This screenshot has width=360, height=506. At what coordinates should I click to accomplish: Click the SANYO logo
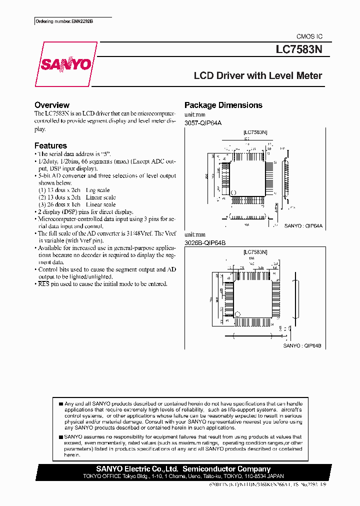coord(65,64)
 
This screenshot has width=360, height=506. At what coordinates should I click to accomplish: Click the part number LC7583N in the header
coord(299,50)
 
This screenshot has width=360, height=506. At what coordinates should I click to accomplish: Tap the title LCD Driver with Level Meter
coord(258,76)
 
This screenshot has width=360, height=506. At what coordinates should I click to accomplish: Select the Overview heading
coord(51,105)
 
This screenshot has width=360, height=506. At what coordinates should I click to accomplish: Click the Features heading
coord(50,145)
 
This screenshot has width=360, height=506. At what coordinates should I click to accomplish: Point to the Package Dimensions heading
coord(223,105)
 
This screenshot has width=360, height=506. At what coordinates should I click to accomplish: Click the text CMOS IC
coord(309,36)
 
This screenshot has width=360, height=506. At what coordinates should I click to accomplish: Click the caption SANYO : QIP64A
coord(303,226)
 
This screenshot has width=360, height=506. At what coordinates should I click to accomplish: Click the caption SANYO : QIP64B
coord(302,345)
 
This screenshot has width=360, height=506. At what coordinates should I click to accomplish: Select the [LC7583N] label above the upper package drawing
coord(255,132)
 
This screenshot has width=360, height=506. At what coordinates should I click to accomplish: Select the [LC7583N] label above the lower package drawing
coord(255,252)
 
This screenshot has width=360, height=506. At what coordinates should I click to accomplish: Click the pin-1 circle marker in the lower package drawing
coord(237,314)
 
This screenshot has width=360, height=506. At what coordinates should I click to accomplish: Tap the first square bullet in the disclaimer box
coord(60,403)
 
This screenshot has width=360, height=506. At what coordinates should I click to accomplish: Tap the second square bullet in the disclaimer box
coord(60,436)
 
